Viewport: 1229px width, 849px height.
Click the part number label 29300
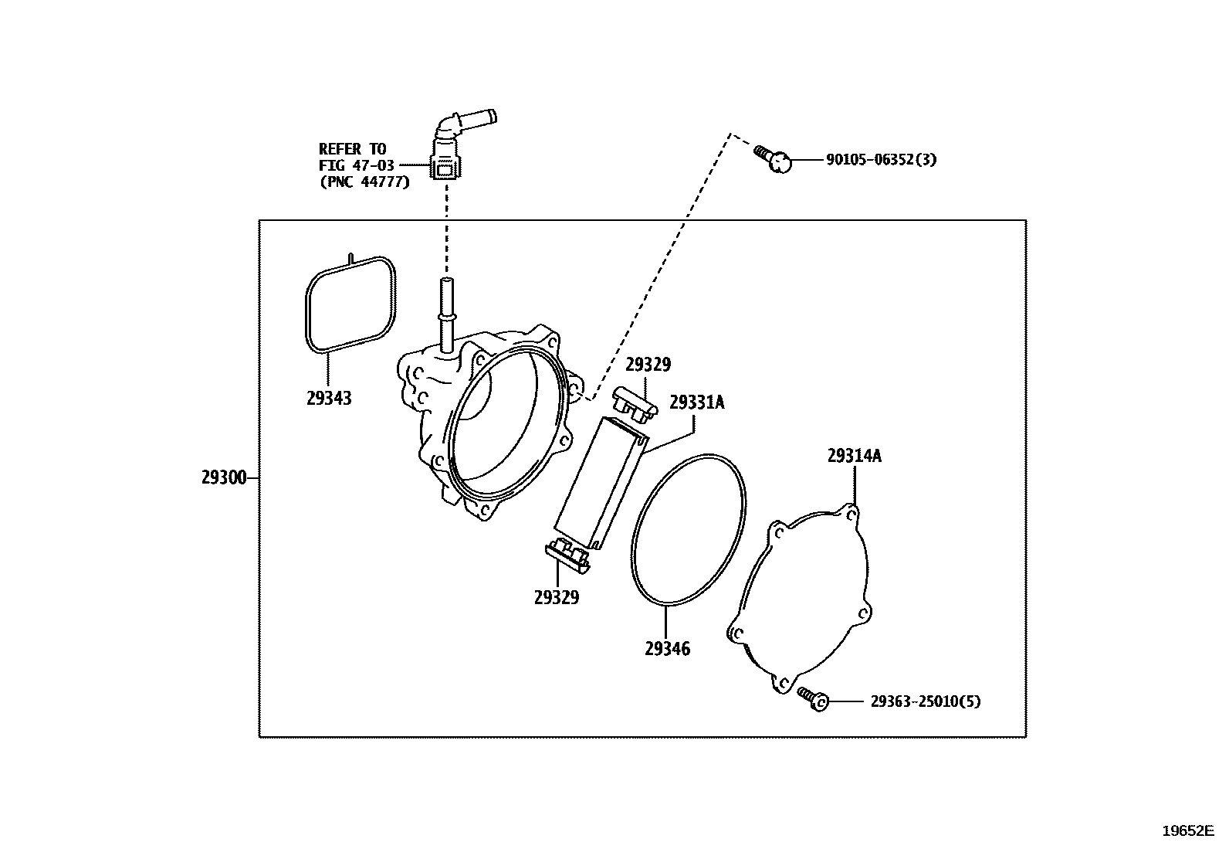(224, 477)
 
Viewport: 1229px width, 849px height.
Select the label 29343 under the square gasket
(329, 398)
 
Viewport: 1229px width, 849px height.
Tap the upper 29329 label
(648, 365)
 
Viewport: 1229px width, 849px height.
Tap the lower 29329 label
(557, 597)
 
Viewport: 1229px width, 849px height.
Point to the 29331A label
(697, 402)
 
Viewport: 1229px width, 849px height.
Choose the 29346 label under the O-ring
(667, 649)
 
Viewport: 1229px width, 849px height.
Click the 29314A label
(855, 456)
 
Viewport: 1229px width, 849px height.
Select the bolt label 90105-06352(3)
(881, 160)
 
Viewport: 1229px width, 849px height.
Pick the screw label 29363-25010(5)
(925, 701)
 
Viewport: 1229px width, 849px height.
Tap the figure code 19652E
(1188, 831)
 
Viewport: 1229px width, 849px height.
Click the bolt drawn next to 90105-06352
(773, 158)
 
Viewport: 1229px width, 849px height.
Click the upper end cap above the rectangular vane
(635, 405)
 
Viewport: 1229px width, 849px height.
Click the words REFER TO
(352, 149)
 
